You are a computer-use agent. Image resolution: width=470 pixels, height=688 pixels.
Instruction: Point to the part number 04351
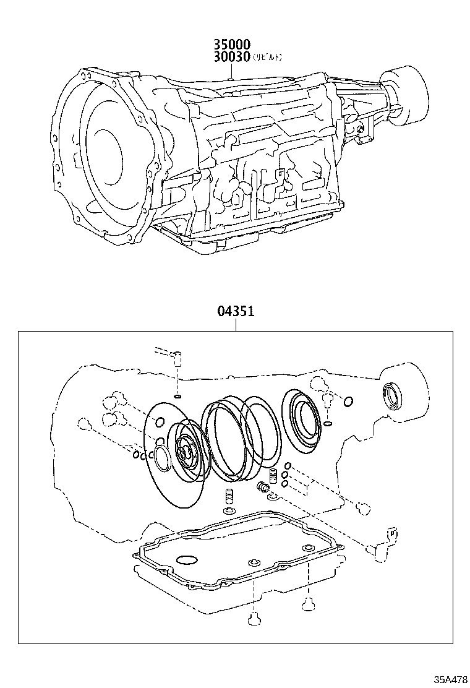tap(235, 313)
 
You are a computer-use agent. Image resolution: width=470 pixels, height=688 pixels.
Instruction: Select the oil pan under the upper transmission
tap(247, 238)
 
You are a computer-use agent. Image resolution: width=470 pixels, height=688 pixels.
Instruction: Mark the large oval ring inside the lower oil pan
tap(187, 561)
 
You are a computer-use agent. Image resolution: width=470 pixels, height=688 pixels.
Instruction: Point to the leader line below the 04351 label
tap(235, 325)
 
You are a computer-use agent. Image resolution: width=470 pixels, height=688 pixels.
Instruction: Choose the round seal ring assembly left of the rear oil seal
tap(301, 418)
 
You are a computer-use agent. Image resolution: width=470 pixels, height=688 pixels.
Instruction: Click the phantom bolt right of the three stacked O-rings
tap(364, 509)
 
